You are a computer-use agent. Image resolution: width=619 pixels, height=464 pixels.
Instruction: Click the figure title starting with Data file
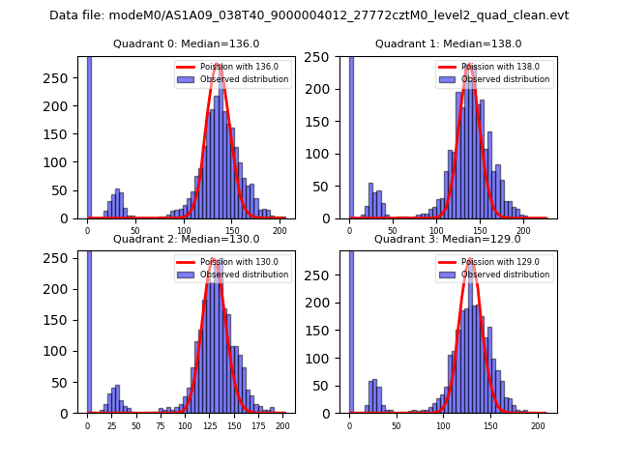tap(309, 15)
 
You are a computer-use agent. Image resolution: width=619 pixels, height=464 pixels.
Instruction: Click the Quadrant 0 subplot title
tap(186, 43)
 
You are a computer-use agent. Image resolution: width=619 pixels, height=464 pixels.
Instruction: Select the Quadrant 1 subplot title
tap(448, 43)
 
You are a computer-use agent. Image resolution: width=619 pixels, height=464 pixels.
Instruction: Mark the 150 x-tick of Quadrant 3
tap(489, 426)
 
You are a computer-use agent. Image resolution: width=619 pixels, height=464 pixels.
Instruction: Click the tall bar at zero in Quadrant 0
tap(88, 135)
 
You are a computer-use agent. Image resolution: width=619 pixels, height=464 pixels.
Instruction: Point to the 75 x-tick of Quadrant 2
tap(161, 426)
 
